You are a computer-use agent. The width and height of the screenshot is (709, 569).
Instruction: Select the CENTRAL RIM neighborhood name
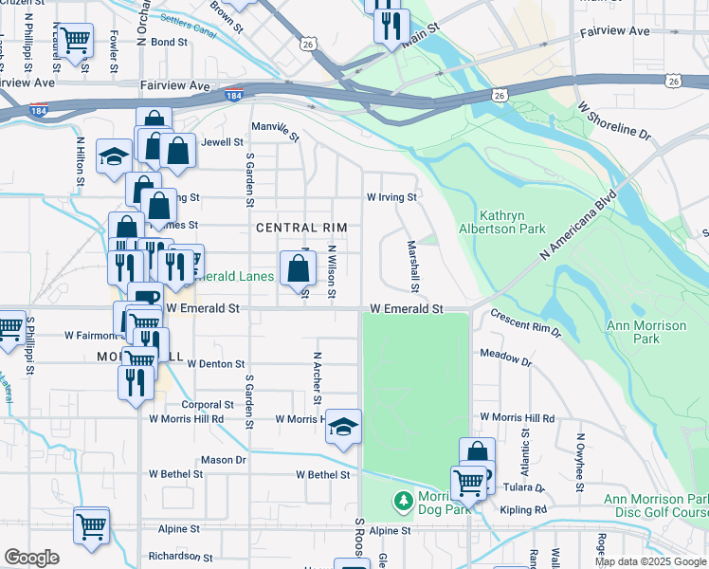(x=301, y=228)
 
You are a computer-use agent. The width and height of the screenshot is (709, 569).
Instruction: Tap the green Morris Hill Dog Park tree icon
(x=403, y=499)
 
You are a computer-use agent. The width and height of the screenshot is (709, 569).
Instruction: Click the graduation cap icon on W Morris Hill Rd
(x=344, y=428)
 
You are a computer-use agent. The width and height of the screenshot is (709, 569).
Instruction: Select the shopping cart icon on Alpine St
(x=91, y=524)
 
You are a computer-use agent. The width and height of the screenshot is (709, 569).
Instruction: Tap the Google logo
(x=31, y=558)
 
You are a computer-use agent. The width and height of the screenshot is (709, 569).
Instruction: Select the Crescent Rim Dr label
(x=526, y=326)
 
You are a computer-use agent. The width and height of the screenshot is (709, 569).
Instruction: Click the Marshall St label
(x=413, y=265)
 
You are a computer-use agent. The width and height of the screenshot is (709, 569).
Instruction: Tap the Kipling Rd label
(x=527, y=510)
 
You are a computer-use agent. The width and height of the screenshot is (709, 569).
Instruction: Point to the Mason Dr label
(x=223, y=460)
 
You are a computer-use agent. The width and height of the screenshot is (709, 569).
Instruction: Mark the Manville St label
(x=275, y=131)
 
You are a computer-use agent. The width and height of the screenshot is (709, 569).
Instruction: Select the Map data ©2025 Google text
(x=650, y=561)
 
